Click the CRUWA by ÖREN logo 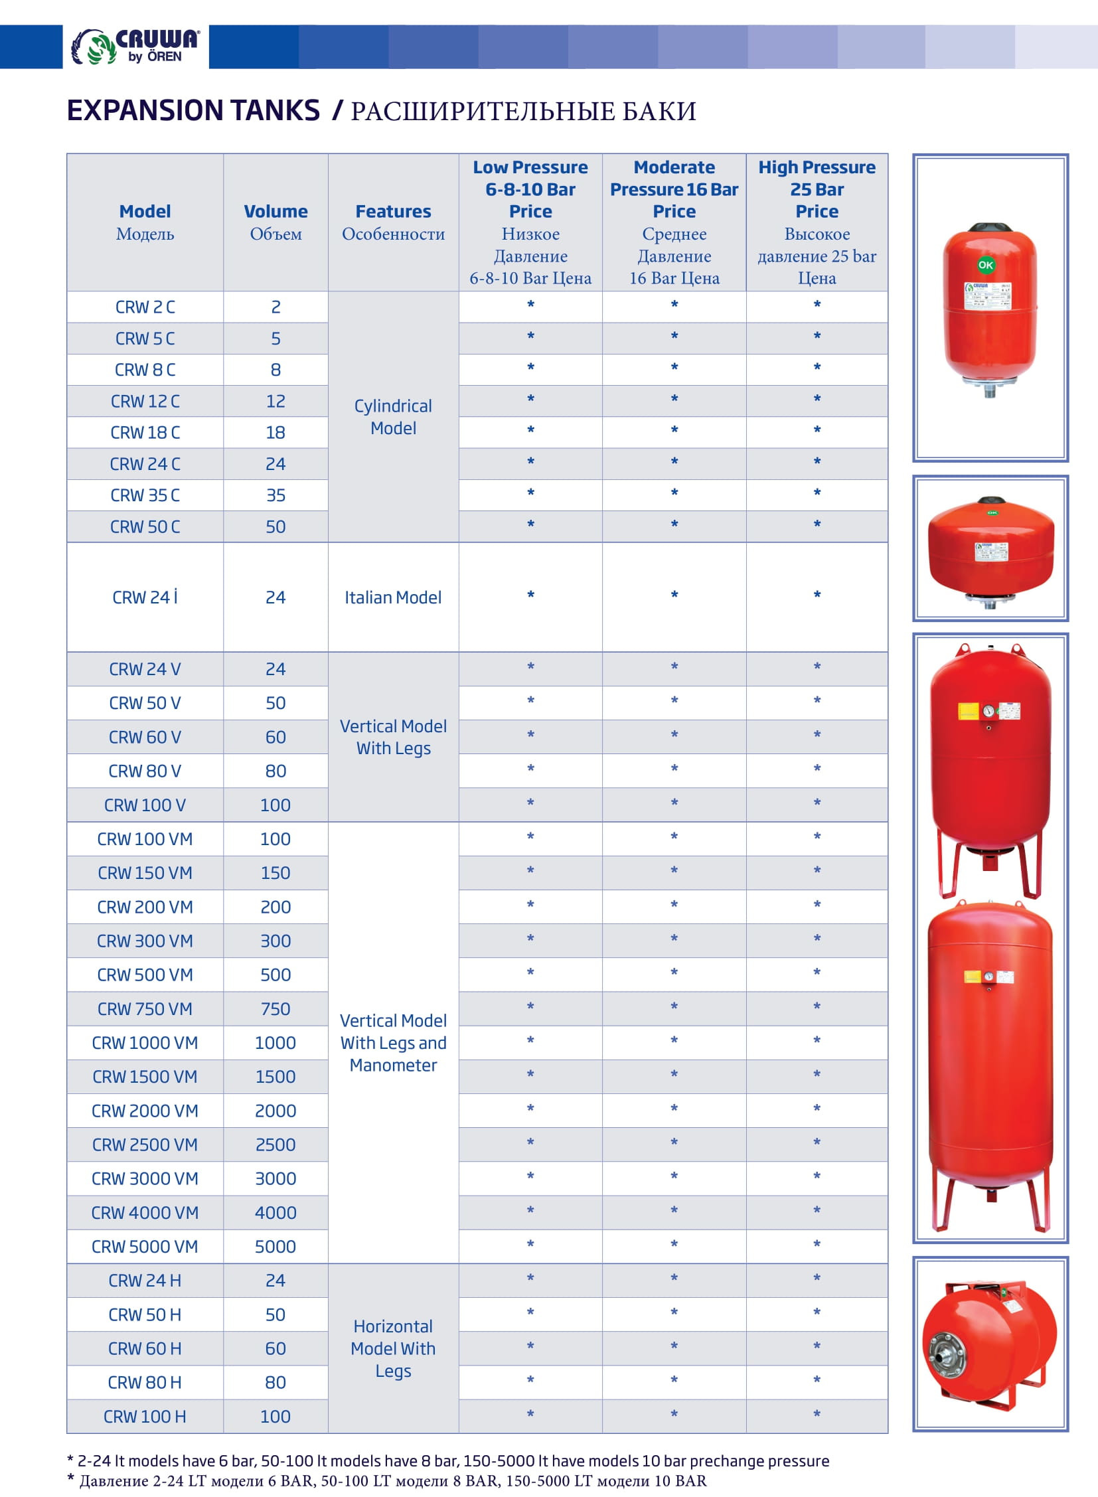point(135,46)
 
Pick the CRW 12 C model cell point(145,402)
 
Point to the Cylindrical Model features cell point(393,417)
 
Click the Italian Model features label point(393,597)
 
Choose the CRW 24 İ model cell point(145,597)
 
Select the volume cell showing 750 point(275,1008)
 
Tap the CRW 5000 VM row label point(145,1246)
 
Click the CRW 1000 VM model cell point(145,1042)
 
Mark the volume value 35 point(275,495)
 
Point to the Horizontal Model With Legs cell point(393,1348)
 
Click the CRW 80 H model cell point(145,1382)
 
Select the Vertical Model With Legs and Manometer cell point(393,1042)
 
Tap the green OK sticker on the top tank point(985,265)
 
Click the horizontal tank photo point(990,1343)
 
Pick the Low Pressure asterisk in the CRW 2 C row point(530,305)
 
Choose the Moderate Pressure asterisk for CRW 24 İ point(674,595)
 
